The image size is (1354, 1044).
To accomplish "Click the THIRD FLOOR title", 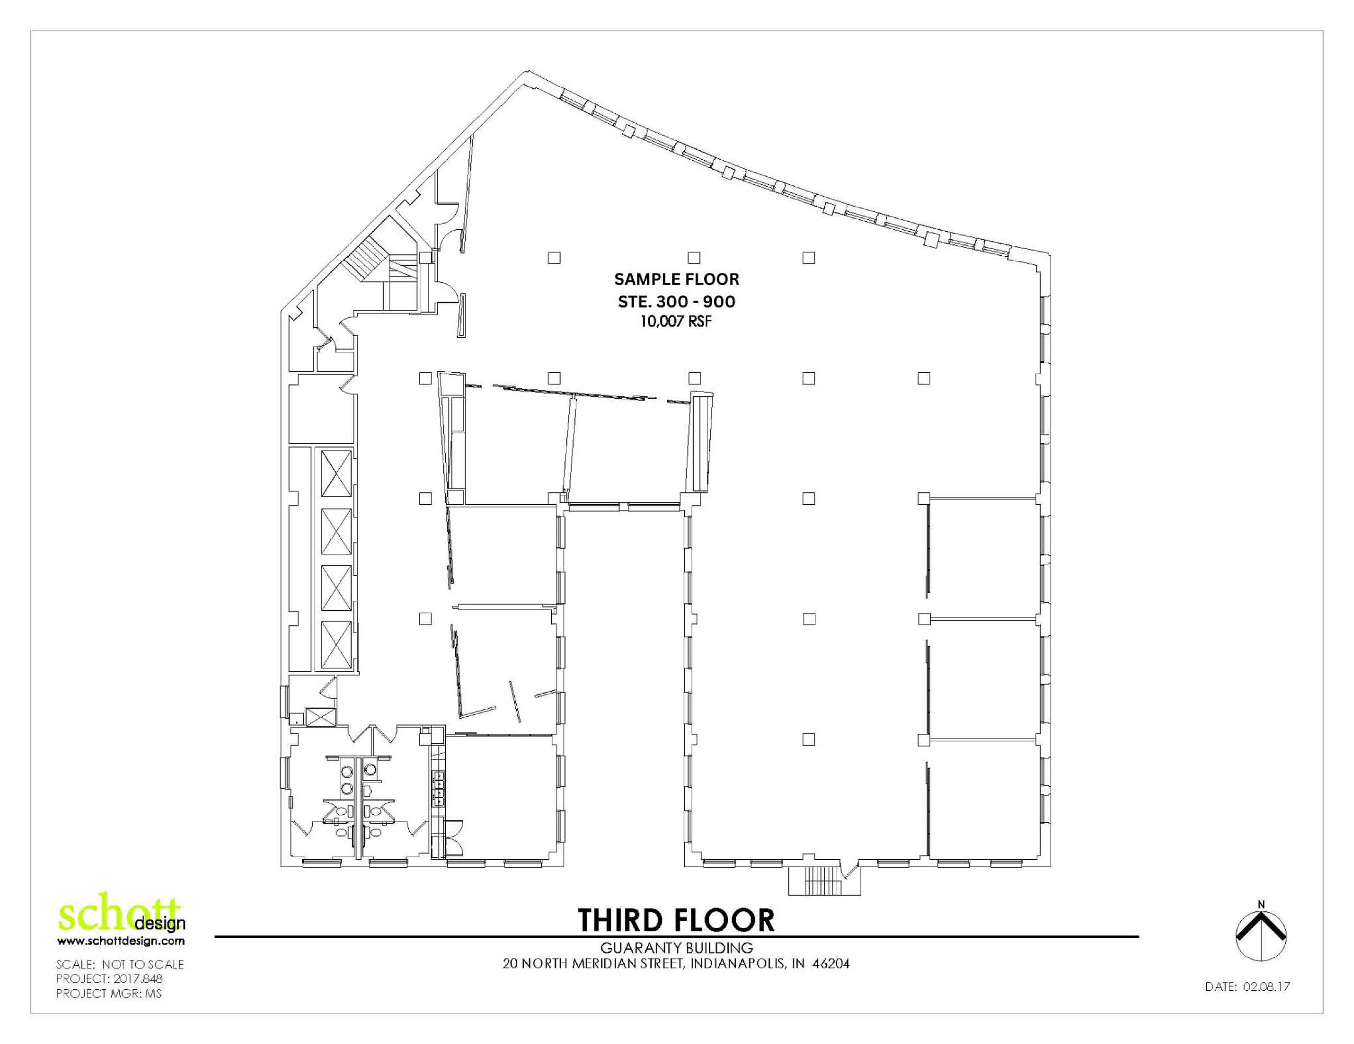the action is [676, 921].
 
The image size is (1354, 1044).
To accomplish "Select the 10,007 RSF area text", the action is [676, 322].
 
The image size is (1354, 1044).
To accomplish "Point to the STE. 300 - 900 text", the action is [676, 302].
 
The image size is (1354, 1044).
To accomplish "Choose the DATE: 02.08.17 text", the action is [1248, 1004].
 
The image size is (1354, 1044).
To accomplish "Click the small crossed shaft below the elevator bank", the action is [320, 717].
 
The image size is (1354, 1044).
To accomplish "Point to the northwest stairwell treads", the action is [366, 259].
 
